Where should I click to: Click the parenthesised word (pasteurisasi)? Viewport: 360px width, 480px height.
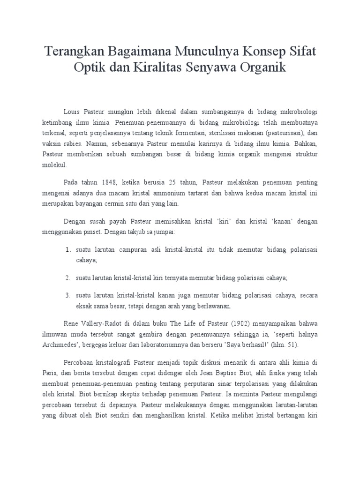tap(277, 133)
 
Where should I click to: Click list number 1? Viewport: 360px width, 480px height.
tap(67, 250)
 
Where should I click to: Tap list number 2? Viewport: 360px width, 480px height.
tap(67, 278)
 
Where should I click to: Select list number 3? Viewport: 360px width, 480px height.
tap(67, 295)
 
